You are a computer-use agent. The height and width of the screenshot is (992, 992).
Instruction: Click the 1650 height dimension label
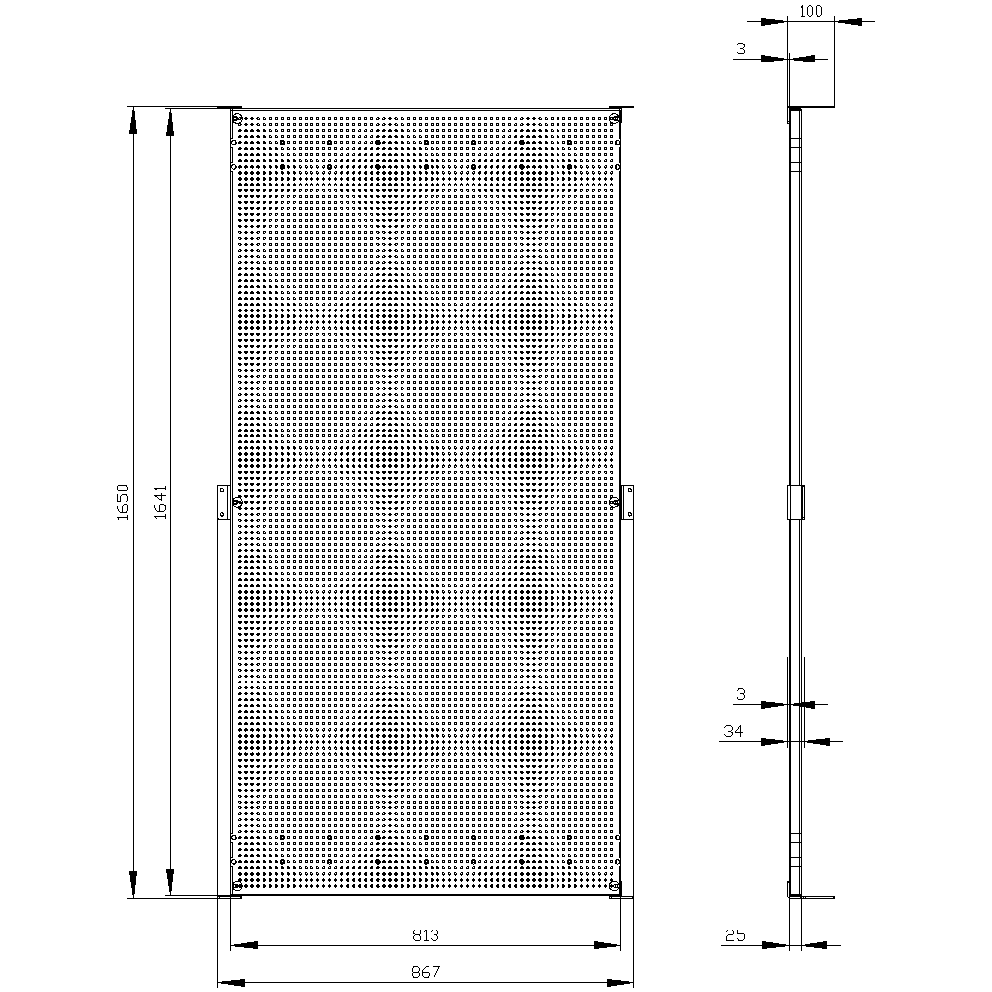[x=123, y=502]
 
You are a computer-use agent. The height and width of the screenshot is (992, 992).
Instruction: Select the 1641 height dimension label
[x=160, y=502]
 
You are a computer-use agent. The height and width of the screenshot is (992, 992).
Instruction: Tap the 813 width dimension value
[x=426, y=935]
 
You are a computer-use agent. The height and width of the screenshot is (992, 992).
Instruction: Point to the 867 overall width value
[x=426, y=972]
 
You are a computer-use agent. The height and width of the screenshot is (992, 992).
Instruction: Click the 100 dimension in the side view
[x=810, y=11]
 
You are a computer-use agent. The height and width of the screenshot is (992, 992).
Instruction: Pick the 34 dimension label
[x=733, y=731]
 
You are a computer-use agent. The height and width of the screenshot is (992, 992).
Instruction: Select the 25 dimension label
[x=736, y=935]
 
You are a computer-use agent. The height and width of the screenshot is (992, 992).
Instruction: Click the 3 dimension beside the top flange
[x=741, y=49]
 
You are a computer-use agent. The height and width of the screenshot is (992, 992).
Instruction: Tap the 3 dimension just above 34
[x=741, y=695]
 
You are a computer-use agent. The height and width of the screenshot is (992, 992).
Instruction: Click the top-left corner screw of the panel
[x=237, y=118]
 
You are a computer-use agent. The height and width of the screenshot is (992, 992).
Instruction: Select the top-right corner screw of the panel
[x=614, y=118]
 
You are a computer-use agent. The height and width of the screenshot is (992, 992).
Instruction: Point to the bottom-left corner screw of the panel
[x=237, y=885]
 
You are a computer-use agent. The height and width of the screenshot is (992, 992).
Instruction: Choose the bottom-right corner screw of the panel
[x=614, y=885]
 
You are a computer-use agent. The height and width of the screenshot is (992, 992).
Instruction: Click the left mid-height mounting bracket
[x=223, y=502]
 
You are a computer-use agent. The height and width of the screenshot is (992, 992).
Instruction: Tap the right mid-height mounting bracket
[x=627, y=502]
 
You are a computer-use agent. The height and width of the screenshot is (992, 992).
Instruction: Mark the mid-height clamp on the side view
[x=796, y=502]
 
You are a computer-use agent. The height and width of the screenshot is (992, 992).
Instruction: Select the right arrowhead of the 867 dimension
[x=620, y=982]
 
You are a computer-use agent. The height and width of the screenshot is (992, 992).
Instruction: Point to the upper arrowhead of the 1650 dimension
[x=133, y=121]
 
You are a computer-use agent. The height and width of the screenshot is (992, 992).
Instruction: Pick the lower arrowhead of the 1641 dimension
[x=170, y=882]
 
